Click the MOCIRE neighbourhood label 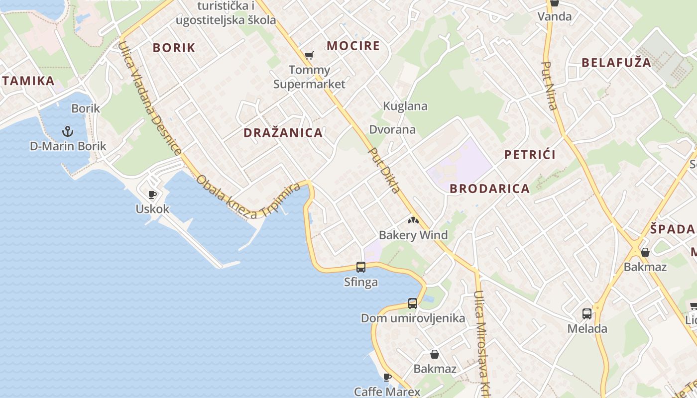tap(353, 46)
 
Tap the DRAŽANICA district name tap(283, 133)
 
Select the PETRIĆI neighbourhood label tap(530, 155)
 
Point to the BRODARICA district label tap(489, 189)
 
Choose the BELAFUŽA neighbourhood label tap(616, 63)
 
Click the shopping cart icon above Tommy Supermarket tap(309, 55)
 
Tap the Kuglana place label tap(405, 106)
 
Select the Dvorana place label tap(392, 130)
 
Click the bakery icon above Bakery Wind tap(413, 220)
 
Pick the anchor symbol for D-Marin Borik tap(68, 131)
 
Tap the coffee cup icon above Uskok tap(152, 194)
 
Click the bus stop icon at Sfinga tap(361, 267)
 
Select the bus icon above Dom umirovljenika tap(413, 303)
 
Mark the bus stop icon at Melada tap(587, 314)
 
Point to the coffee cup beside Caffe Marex tap(387, 377)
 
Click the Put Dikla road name tap(384, 170)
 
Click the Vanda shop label tap(555, 16)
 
